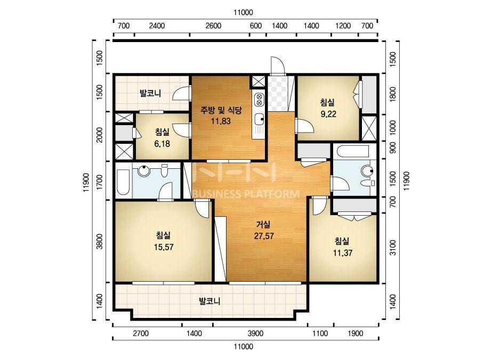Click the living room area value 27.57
pyautogui.click(x=263, y=236)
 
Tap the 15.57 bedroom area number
pyautogui.click(x=164, y=247)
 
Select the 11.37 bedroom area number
pyautogui.click(x=342, y=253)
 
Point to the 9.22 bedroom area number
pyautogui.click(x=328, y=114)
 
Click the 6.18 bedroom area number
pyautogui.click(x=162, y=144)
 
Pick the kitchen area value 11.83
pyautogui.click(x=221, y=121)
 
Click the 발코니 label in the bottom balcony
pyautogui.click(x=209, y=301)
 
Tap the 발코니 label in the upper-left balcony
pyautogui.click(x=150, y=93)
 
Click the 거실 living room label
pyautogui.click(x=263, y=225)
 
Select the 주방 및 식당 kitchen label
pyautogui.click(x=221, y=110)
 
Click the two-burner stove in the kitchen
pyautogui.click(x=259, y=99)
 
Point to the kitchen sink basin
pyautogui.click(x=259, y=119)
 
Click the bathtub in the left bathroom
pyautogui.click(x=123, y=182)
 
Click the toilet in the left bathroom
pyautogui.click(x=164, y=170)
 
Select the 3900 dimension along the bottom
pyautogui.click(x=255, y=334)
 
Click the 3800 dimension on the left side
pyautogui.click(x=99, y=241)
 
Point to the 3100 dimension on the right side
pyautogui.click(x=392, y=248)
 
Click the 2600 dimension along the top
pyautogui.click(x=213, y=26)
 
